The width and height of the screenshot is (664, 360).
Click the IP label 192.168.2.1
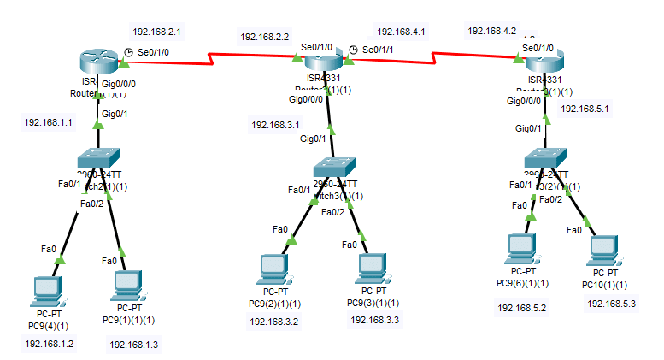(156, 30)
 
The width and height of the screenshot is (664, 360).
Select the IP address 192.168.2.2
(265, 37)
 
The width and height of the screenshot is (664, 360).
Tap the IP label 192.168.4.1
(401, 31)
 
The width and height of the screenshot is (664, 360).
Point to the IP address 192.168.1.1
(49, 122)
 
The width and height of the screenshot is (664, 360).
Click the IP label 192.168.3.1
(275, 125)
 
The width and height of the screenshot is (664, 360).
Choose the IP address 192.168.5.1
(585, 109)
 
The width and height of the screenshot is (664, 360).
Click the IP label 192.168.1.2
(50, 343)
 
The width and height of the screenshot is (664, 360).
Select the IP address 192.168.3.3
(374, 320)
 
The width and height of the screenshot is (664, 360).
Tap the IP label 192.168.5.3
(611, 303)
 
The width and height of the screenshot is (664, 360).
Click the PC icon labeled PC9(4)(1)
(45, 292)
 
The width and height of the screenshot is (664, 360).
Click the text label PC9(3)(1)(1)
(373, 303)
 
